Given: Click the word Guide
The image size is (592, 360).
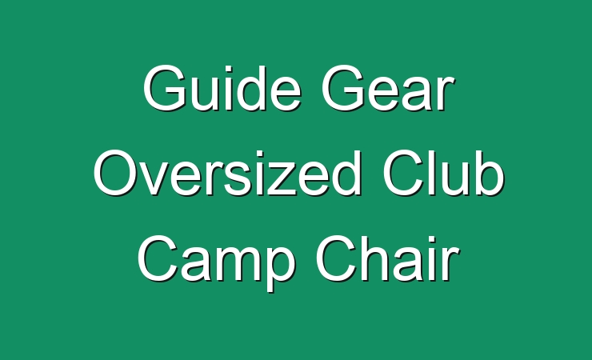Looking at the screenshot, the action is [222, 88].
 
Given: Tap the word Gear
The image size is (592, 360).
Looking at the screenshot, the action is [388, 89].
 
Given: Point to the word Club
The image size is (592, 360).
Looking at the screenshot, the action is [443, 173].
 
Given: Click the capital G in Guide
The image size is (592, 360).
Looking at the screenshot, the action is [164, 88].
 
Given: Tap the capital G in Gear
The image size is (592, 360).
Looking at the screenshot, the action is [343, 88].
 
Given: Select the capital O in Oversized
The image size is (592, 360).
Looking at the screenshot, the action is [116, 173].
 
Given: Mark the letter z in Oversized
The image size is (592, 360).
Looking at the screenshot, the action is [280, 178].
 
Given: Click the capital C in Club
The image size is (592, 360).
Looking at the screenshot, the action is [404, 173].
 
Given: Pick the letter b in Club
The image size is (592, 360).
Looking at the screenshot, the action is [489, 173].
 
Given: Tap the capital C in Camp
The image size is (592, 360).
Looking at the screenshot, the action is [158, 258].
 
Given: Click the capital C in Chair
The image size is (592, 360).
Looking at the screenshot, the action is [337, 258].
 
